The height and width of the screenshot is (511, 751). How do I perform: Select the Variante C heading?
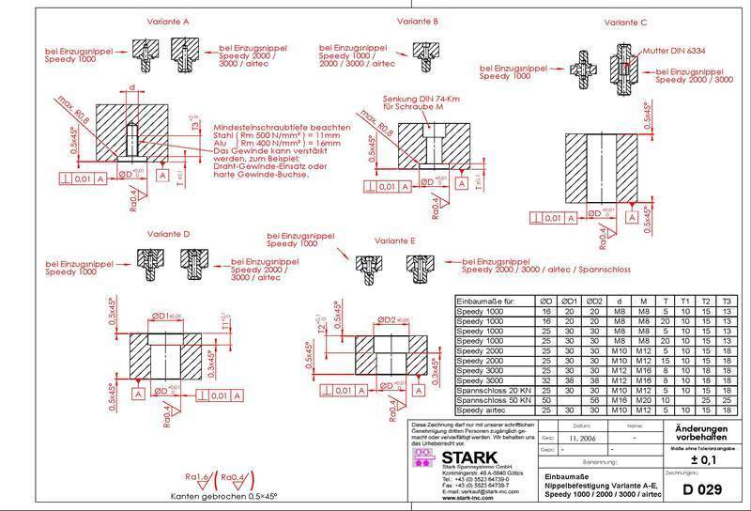(625, 23)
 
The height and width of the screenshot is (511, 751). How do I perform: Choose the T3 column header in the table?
(728, 301)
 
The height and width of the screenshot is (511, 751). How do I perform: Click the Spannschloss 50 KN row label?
(495, 399)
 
